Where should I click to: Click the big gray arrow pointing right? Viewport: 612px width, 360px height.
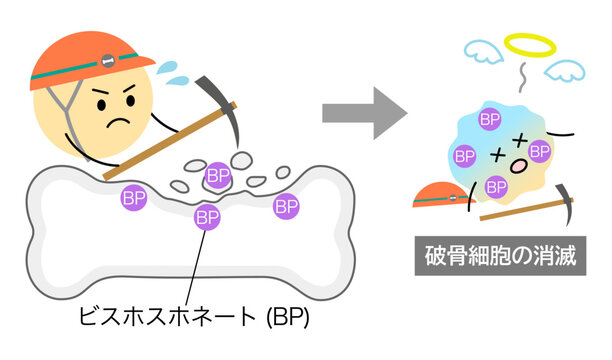365,113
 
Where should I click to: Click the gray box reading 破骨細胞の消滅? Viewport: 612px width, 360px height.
500,256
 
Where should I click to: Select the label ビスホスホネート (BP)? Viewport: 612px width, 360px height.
194,316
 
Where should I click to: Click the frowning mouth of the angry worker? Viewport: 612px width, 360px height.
118,121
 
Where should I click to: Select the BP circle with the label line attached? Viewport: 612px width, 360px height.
207,217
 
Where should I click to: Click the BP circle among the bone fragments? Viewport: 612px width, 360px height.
218,175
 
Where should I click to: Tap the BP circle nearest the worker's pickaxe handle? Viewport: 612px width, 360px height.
133,198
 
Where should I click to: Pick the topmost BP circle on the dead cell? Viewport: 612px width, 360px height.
490,119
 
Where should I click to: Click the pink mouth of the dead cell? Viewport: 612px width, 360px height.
519,167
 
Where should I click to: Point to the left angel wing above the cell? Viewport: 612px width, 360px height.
484,51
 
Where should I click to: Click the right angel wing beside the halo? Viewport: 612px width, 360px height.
564,70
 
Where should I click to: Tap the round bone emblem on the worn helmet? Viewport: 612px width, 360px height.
107,61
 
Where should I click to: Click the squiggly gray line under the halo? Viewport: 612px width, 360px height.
522,78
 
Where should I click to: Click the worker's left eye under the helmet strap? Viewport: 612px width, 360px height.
101,105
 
